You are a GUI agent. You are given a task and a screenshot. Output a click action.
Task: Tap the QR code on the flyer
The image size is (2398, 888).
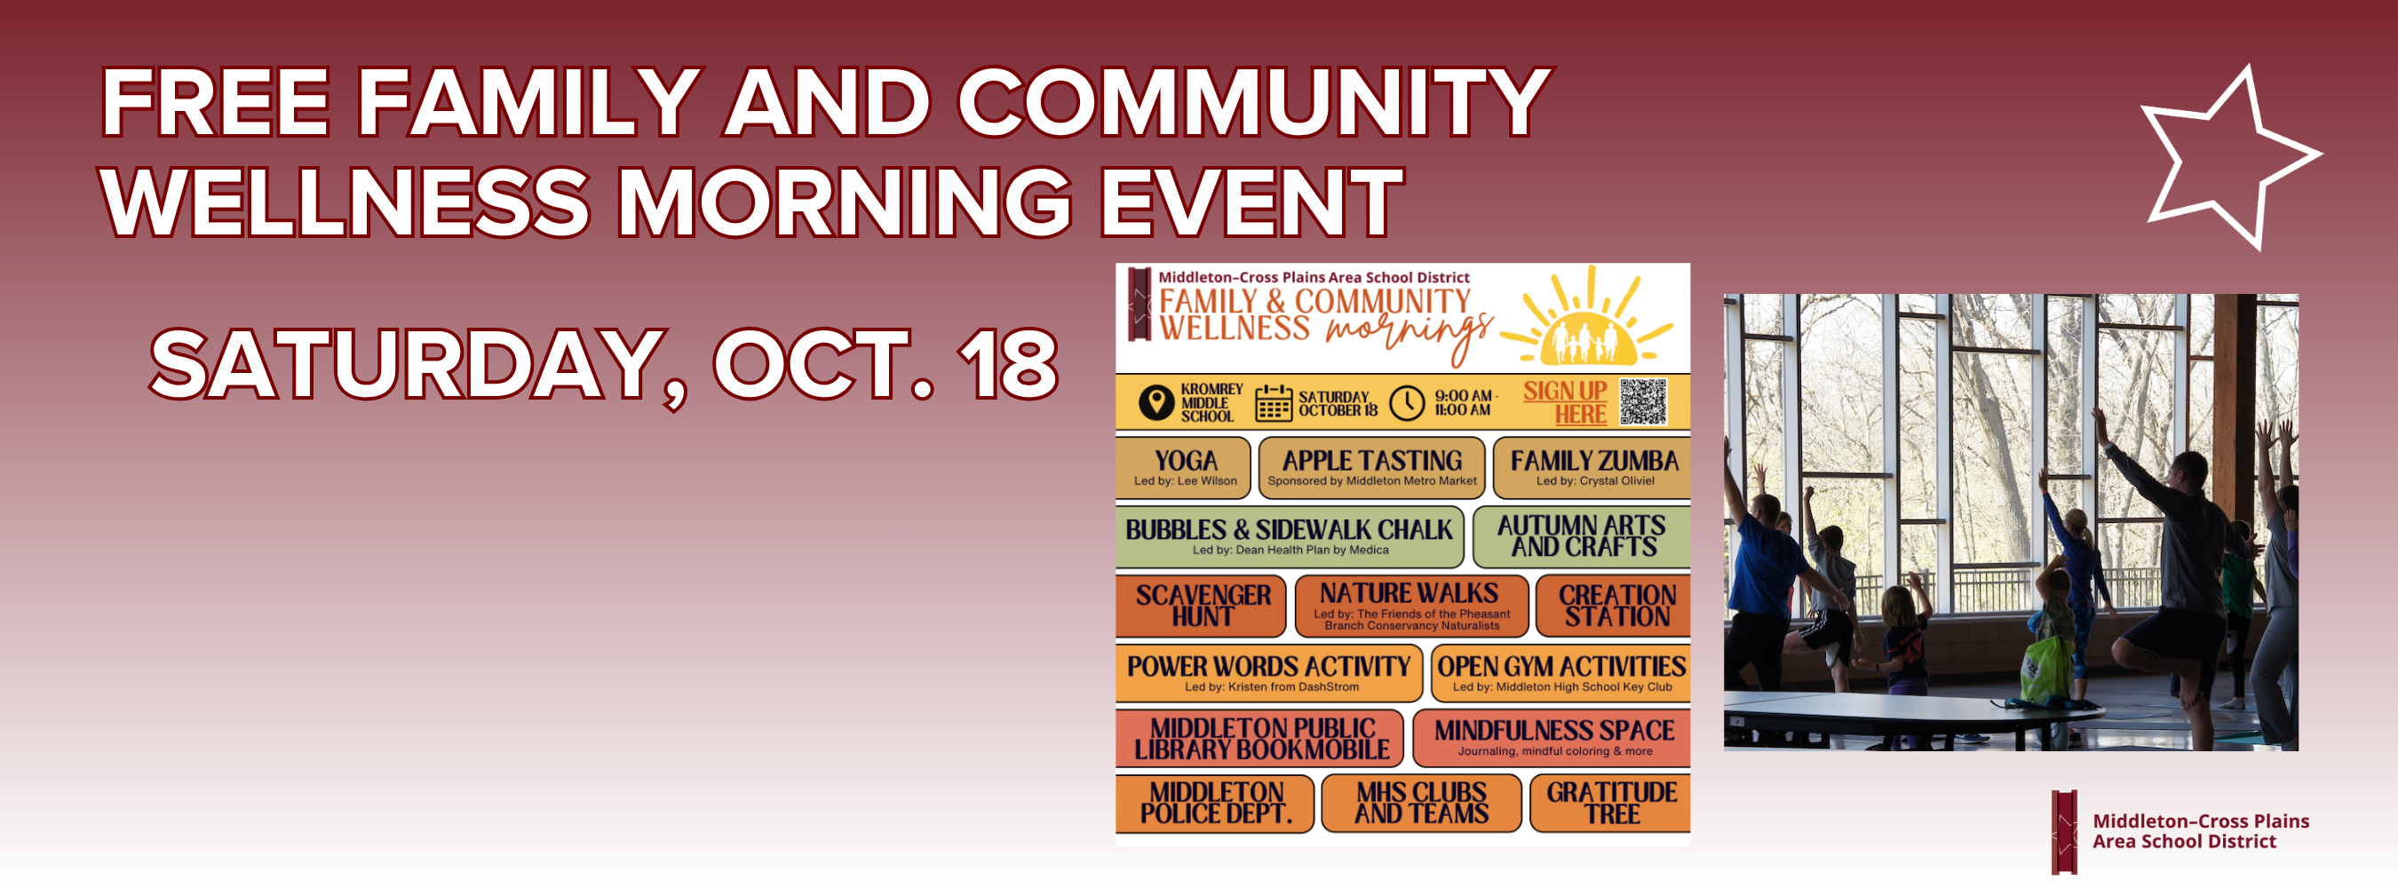[x=1643, y=402]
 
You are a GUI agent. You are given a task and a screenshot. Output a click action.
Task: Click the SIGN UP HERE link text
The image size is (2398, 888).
[x=1566, y=402]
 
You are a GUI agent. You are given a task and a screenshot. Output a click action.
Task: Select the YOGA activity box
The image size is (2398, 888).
[x=1183, y=467]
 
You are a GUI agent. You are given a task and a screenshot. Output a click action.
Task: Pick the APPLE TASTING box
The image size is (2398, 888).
[x=1371, y=467]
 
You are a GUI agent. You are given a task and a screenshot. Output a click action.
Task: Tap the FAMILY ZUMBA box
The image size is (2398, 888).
[x=1592, y=467]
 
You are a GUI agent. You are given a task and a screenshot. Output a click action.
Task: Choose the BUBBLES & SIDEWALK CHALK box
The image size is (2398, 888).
[x=1290, y=536]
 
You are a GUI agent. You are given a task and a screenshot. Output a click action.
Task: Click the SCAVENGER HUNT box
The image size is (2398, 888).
[x=1201, y=606]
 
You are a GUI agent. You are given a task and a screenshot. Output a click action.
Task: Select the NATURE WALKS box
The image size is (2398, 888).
[x=1411, y=606]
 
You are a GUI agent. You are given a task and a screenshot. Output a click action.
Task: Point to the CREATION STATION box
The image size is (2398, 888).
[x=1613, y=606]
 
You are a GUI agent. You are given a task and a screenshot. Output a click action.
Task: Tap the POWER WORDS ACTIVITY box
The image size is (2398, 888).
[x=1269, y=673]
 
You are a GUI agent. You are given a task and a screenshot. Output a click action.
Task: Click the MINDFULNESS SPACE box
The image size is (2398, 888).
[x=1552, y=737]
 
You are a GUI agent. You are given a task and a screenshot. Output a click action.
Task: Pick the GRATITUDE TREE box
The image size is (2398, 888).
[x=1610, y=804]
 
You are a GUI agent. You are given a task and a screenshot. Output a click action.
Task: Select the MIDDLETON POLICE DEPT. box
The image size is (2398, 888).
[x=1215, y=804]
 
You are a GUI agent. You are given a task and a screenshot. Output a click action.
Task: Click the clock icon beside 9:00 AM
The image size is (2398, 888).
[x=1407, y=403]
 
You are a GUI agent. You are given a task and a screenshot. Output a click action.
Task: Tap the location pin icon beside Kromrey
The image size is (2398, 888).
[x=1156, y=403]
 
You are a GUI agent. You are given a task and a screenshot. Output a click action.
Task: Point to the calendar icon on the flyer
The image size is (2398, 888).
[x=1274, y=403]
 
